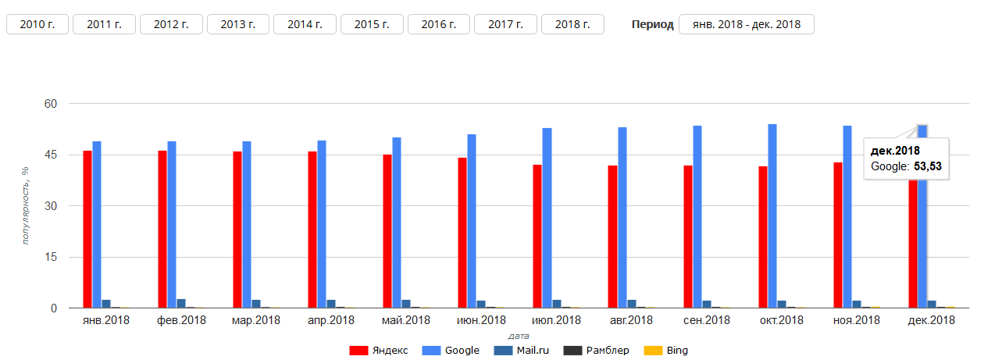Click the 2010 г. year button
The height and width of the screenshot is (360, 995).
[37, 24]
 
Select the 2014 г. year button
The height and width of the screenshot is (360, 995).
[305, 24]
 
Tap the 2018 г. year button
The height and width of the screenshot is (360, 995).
[572, 24]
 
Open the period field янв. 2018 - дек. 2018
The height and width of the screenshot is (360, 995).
[746, 24]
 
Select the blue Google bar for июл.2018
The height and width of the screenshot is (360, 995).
[547, 218]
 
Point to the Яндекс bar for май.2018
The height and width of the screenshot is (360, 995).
[387, 231]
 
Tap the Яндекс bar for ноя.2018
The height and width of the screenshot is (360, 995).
[838, 235]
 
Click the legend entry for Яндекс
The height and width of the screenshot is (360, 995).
[379, 351]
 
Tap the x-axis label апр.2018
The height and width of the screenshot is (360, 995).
[331, 320]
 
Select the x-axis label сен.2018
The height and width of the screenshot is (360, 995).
[706, 320]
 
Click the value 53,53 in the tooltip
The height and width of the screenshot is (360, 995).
[929, 166]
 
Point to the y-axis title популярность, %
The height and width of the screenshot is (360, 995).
[25, 205]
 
